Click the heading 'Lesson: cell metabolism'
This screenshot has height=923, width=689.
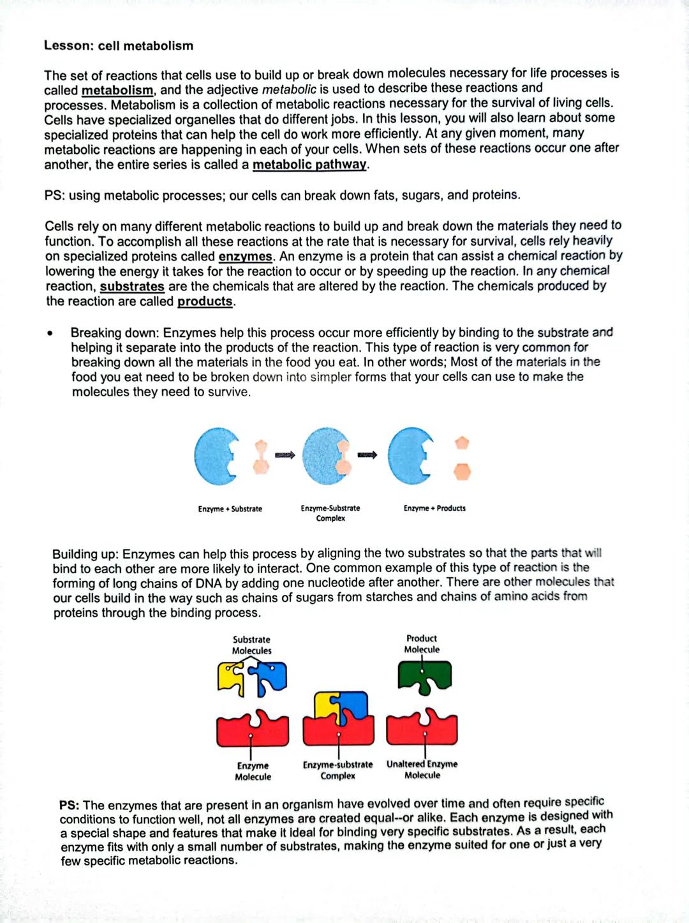119,46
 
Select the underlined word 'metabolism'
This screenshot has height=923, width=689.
117,91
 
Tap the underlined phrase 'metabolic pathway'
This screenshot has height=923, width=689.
309,165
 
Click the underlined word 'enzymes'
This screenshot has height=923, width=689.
245,257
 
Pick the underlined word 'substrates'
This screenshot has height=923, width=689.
132,287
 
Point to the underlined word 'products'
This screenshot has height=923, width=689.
205,301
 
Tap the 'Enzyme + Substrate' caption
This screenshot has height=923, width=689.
230,509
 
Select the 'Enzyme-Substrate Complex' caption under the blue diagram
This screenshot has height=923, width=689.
330,513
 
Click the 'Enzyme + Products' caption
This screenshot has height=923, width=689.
434,508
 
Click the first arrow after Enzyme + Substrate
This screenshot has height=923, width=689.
285,455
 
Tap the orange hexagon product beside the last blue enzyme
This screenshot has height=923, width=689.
463,472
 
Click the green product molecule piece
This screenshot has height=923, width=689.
425,676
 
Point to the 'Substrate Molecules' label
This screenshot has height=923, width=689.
251,645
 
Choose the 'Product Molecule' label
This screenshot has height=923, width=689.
422,643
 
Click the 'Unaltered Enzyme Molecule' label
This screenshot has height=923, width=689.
422,769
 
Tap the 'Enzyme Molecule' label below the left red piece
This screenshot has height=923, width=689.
253,771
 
